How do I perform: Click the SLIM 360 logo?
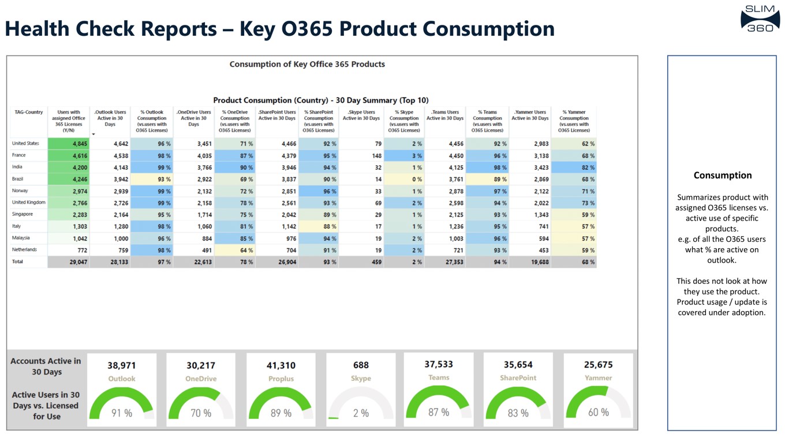(x=759, y=18)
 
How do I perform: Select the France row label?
(x=18, y=155)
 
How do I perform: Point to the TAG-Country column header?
(x=28, y=113)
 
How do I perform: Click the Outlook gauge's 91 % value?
(x=121, y=413)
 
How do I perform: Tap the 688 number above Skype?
(x=361, y=365)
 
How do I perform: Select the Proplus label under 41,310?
(x=281, y=379)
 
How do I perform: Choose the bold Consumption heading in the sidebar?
(x=722, y=175)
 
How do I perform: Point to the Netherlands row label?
(x=24, y=250)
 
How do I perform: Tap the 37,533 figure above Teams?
(x=439, y=364)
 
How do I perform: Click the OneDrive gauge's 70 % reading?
(x=201, y=413)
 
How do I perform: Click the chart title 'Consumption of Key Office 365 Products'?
(x=307, y=64)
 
